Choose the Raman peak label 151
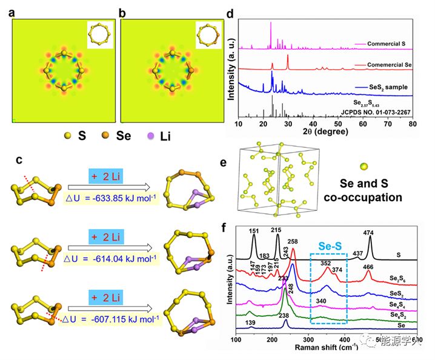[254, 231]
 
